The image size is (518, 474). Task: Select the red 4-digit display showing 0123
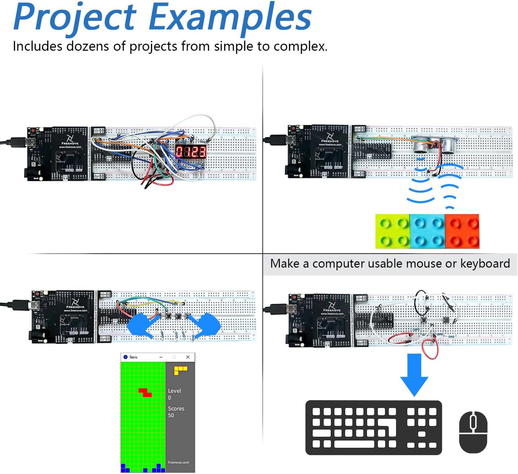tap(191, 151)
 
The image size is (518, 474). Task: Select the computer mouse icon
tap(473, 432)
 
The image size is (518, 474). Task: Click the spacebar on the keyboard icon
tap(354, 444)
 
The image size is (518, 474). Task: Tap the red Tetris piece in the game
tap(145, 392)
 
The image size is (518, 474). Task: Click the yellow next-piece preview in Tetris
tap(180, 370)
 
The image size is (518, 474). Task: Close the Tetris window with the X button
tap(187, 357)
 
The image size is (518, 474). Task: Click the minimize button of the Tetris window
tap(161, 357)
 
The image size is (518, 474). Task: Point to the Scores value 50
tap(171, 416)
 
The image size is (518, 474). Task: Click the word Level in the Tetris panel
tap(175, 391)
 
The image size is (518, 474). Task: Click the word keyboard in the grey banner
tap(485, 264)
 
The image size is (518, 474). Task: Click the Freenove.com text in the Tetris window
tap(178, 463)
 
